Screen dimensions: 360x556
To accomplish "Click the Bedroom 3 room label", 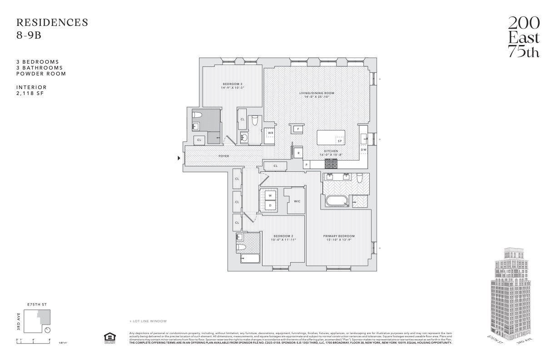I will coord(232,84).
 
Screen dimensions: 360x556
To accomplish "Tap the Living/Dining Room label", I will coord(313,93).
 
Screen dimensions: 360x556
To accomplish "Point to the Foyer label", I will coord(223,156).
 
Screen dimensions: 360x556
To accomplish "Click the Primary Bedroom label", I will coord(339,236).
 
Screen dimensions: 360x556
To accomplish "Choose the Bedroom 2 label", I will coord(283,236).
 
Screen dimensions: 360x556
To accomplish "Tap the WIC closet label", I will coord(297,201).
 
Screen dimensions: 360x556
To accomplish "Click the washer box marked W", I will coord(270,195).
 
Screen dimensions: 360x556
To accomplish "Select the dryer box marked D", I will coord(270,205).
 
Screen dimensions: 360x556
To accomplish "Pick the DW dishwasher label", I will coord(363,149).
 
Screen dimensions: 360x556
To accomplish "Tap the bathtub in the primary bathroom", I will coord(336,201).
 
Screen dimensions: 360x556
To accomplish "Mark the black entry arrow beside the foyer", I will coord(179,158).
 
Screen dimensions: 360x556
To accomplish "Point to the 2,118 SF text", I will coord(31,93).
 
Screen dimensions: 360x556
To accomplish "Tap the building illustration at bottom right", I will coord(511,295).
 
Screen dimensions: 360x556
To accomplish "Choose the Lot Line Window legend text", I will coord(149,321).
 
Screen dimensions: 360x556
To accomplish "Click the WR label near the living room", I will coord(270,133).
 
